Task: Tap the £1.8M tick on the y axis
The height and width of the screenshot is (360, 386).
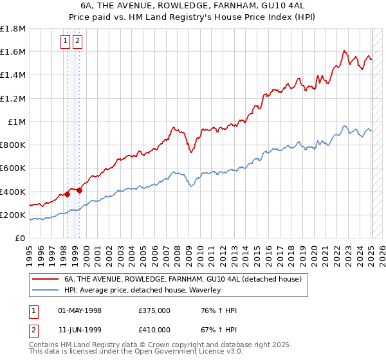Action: tap(13, 29)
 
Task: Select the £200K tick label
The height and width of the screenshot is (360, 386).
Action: tap(13, 215)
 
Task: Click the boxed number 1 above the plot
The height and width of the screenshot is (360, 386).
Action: tap(66, 42)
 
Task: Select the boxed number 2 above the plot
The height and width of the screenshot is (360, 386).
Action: tap(77, 42)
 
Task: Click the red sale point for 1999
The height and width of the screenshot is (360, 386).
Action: tap(79, 190)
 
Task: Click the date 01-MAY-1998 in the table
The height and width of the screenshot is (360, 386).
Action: tap(80, 310)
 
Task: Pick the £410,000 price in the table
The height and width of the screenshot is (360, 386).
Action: tap(154, 330)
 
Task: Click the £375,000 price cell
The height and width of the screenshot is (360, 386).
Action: tap(154, 310)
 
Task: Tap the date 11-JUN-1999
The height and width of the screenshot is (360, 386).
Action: tap(80, 330)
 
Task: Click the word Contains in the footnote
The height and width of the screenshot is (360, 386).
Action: tap(44, 345)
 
